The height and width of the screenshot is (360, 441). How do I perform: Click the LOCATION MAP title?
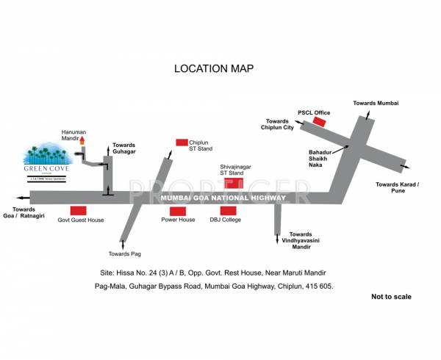click(x=213, y=68)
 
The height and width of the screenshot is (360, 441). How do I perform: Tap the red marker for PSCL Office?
click(x=319, y=120)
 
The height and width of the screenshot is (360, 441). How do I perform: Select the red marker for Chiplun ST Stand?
click(x=181, y=142)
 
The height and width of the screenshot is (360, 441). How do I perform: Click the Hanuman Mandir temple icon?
click(x=83, y=140)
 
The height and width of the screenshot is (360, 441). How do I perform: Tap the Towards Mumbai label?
click(x=375, y=104)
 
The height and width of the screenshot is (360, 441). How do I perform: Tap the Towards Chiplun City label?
click(x=279, y=124)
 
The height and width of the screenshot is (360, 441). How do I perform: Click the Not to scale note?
click(x=391, y=297)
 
